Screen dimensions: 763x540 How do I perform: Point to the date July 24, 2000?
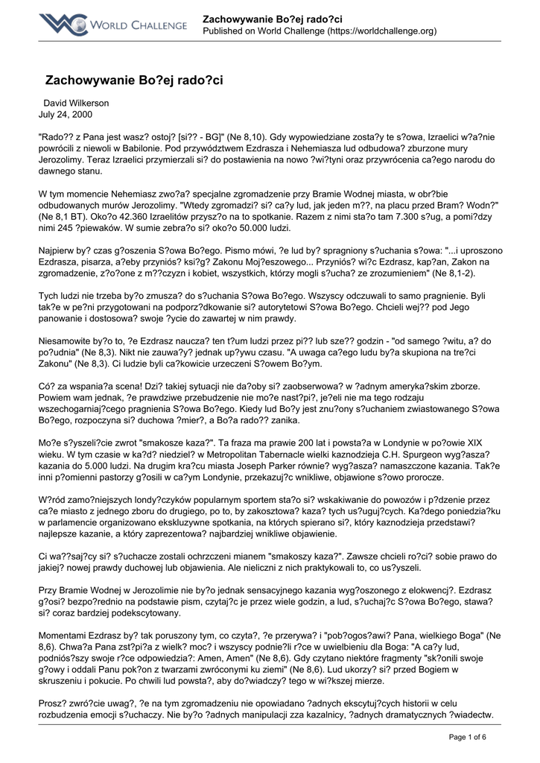tap(66, 115)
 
